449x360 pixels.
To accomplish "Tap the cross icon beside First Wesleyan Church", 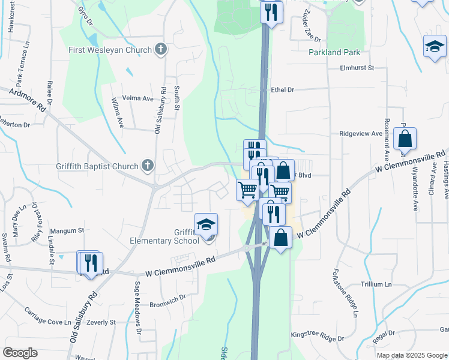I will click(160, 49).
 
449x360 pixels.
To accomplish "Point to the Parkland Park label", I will click(334, 52).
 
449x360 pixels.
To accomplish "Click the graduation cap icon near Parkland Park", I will click(435, 47).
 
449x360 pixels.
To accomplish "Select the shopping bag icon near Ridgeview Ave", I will click(405, 139).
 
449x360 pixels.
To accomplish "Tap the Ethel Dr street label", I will click(283, 89).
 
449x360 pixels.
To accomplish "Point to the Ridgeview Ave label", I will click(360, 134).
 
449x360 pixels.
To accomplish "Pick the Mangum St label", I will click(67, 230).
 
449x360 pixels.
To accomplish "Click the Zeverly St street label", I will click(101, 322).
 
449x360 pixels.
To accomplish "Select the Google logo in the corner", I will click(20, 353).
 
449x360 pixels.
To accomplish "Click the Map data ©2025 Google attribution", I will click(411, 355).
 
